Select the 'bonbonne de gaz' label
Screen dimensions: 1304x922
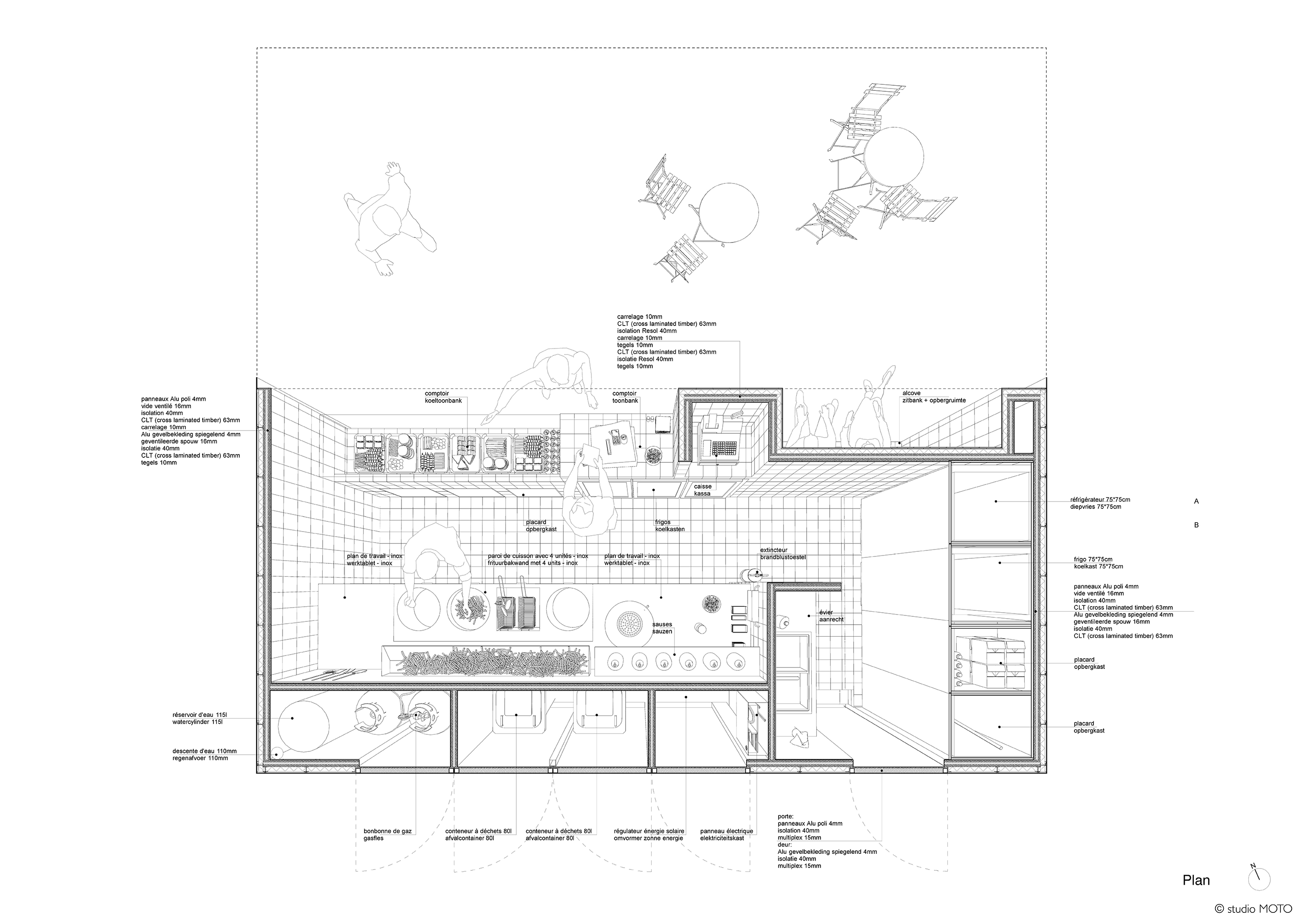(x=387, y=834)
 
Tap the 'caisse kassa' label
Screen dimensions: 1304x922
(x=702, y=490)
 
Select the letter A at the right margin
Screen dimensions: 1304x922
(x=1197, y=501)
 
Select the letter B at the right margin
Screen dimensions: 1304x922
(x=1197, y=525)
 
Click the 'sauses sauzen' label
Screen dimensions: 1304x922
(x=662, y=628)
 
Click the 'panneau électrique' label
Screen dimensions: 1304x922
(x=726, y=831)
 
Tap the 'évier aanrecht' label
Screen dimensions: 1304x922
(x=831, y=616)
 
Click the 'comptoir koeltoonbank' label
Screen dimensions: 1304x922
(x=443, y=397)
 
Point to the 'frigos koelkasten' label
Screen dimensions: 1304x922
(x=670, y=526)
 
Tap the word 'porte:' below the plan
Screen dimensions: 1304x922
(x=786, y=816)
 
